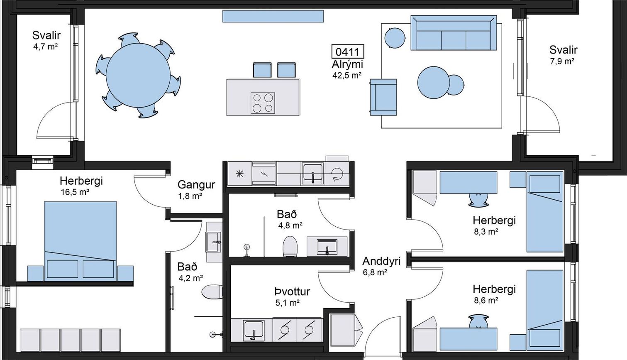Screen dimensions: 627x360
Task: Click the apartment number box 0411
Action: [348, 51]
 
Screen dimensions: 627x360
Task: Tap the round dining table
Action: [138, 75]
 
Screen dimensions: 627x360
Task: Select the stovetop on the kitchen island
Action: [263, 103]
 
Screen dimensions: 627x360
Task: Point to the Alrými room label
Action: [347, 64]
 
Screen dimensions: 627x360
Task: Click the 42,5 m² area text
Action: [347, 75]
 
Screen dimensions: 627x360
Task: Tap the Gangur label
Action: [196, 185]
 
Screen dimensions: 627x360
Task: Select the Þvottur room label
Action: [292, 292]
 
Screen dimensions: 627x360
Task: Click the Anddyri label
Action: [381, 262]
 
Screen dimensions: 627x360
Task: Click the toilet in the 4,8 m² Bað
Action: [290, 247]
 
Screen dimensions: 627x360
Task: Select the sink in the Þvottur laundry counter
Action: [253, 330]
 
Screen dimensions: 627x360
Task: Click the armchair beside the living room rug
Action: [383, 97]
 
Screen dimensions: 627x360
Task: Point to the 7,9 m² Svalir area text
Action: [562, 61]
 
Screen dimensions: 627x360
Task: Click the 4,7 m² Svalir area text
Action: [45, 47]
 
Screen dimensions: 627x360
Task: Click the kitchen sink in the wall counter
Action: [313, 174]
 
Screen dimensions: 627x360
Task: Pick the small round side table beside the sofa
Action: [395, 38]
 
